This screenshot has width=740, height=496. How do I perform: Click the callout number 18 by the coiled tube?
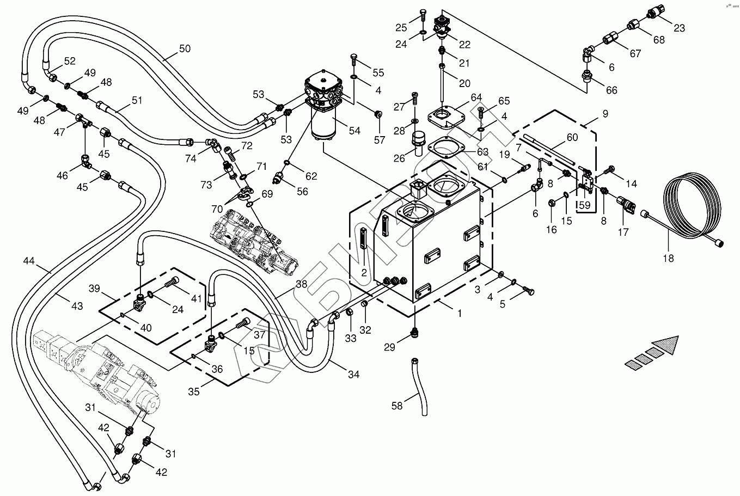click(668, 258)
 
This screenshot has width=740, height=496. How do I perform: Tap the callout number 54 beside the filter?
click(354, 131)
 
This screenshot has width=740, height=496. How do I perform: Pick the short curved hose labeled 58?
click(420, 384)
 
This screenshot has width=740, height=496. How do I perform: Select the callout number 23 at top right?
click(679, 28)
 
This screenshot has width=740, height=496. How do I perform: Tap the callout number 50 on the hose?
click(185, 48)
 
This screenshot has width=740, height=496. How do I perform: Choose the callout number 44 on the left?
click(28, 262)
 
